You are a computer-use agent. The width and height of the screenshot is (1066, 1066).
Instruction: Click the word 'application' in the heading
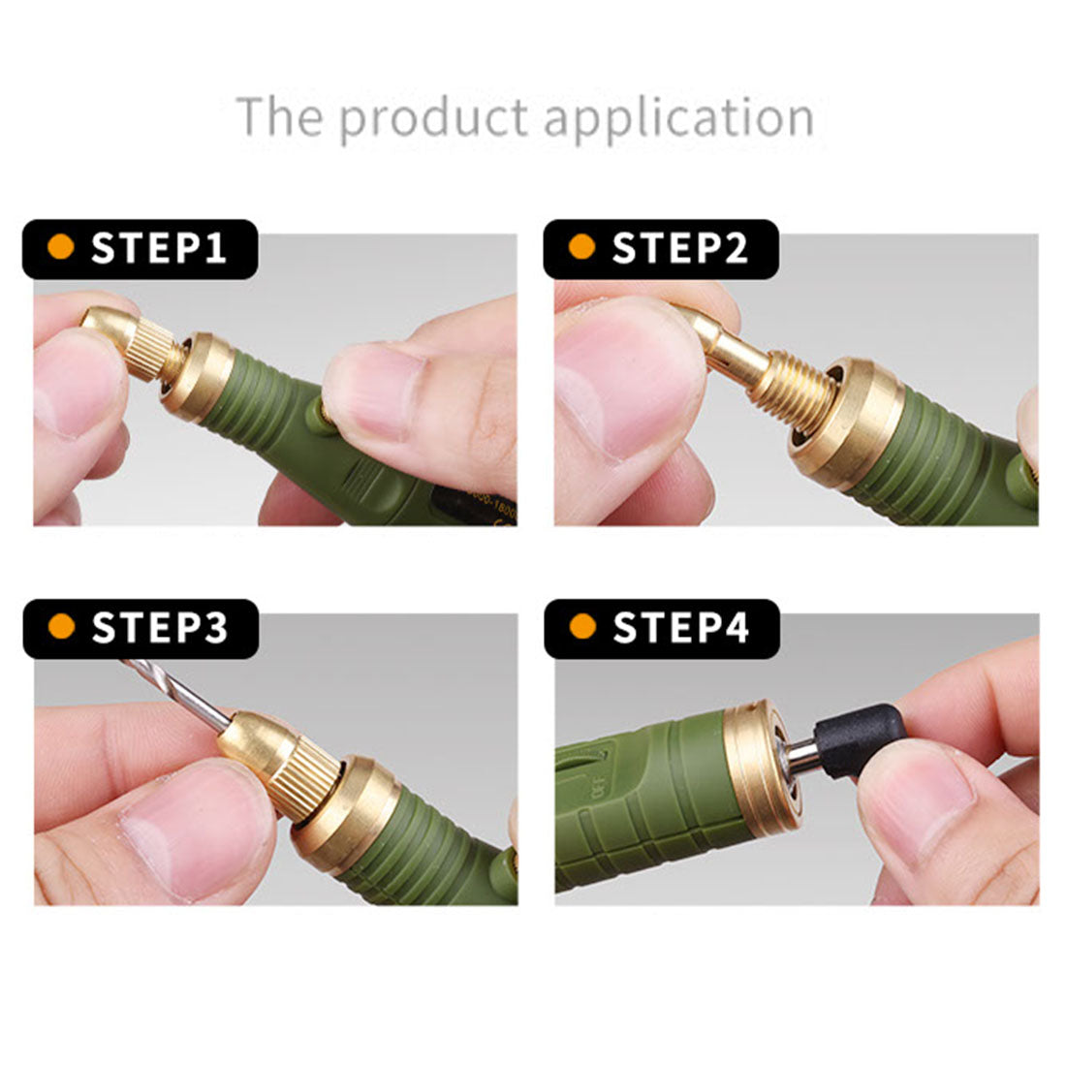pos(678,117)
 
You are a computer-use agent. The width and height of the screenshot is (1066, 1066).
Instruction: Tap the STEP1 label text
pos(159,249)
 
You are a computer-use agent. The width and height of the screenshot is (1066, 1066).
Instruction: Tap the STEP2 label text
pos(680,249)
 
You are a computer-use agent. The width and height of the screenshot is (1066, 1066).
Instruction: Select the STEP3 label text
pos(160,628)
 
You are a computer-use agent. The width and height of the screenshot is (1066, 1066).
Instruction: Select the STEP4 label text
pos(681,628)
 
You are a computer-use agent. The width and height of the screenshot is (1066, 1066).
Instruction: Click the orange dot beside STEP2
pos(581,248)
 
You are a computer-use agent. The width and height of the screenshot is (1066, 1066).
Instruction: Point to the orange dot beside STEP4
pos(582,627)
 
